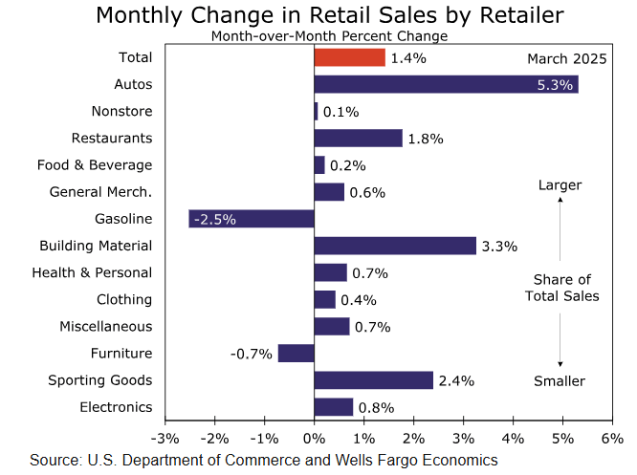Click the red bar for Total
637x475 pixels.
coord(350,58)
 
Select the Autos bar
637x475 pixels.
coord(446,85)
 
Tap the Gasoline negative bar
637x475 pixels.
coord(252,219)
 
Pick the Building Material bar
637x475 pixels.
coord(395,246)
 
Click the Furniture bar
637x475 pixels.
coord(297,353)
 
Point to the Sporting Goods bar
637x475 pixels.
coord(374,380)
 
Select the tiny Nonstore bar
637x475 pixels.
coord(317,112)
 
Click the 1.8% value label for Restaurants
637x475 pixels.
coord(425,139)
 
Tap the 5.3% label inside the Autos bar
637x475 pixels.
coord(555,85)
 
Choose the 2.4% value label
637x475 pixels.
coord(455,380)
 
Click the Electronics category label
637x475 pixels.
coord(116,407)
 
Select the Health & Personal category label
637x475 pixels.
coord(92,272)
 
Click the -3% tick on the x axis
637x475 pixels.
coord(165,438)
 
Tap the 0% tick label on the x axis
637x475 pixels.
coord(314,438)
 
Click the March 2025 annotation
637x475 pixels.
coord(567,58)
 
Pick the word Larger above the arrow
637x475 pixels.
coord(560,184)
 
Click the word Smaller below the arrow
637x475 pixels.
coord(560,382)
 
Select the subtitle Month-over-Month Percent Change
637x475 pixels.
coord(316,36)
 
